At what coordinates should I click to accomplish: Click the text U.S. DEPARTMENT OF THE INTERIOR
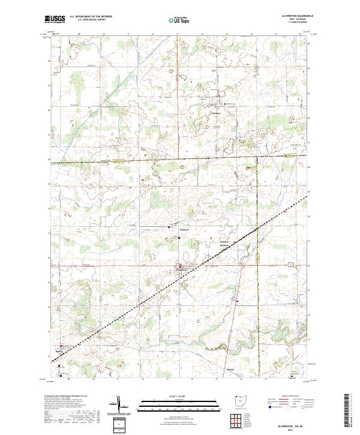[x=91, y=17]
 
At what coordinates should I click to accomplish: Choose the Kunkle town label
[x=61, y=350]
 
